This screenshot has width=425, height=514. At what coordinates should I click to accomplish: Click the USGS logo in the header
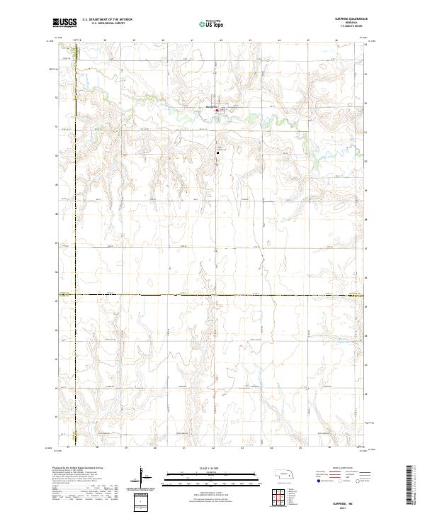64,23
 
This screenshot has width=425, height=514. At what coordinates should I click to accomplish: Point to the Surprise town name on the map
210,107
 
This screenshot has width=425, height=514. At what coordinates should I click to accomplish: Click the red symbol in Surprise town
217,110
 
